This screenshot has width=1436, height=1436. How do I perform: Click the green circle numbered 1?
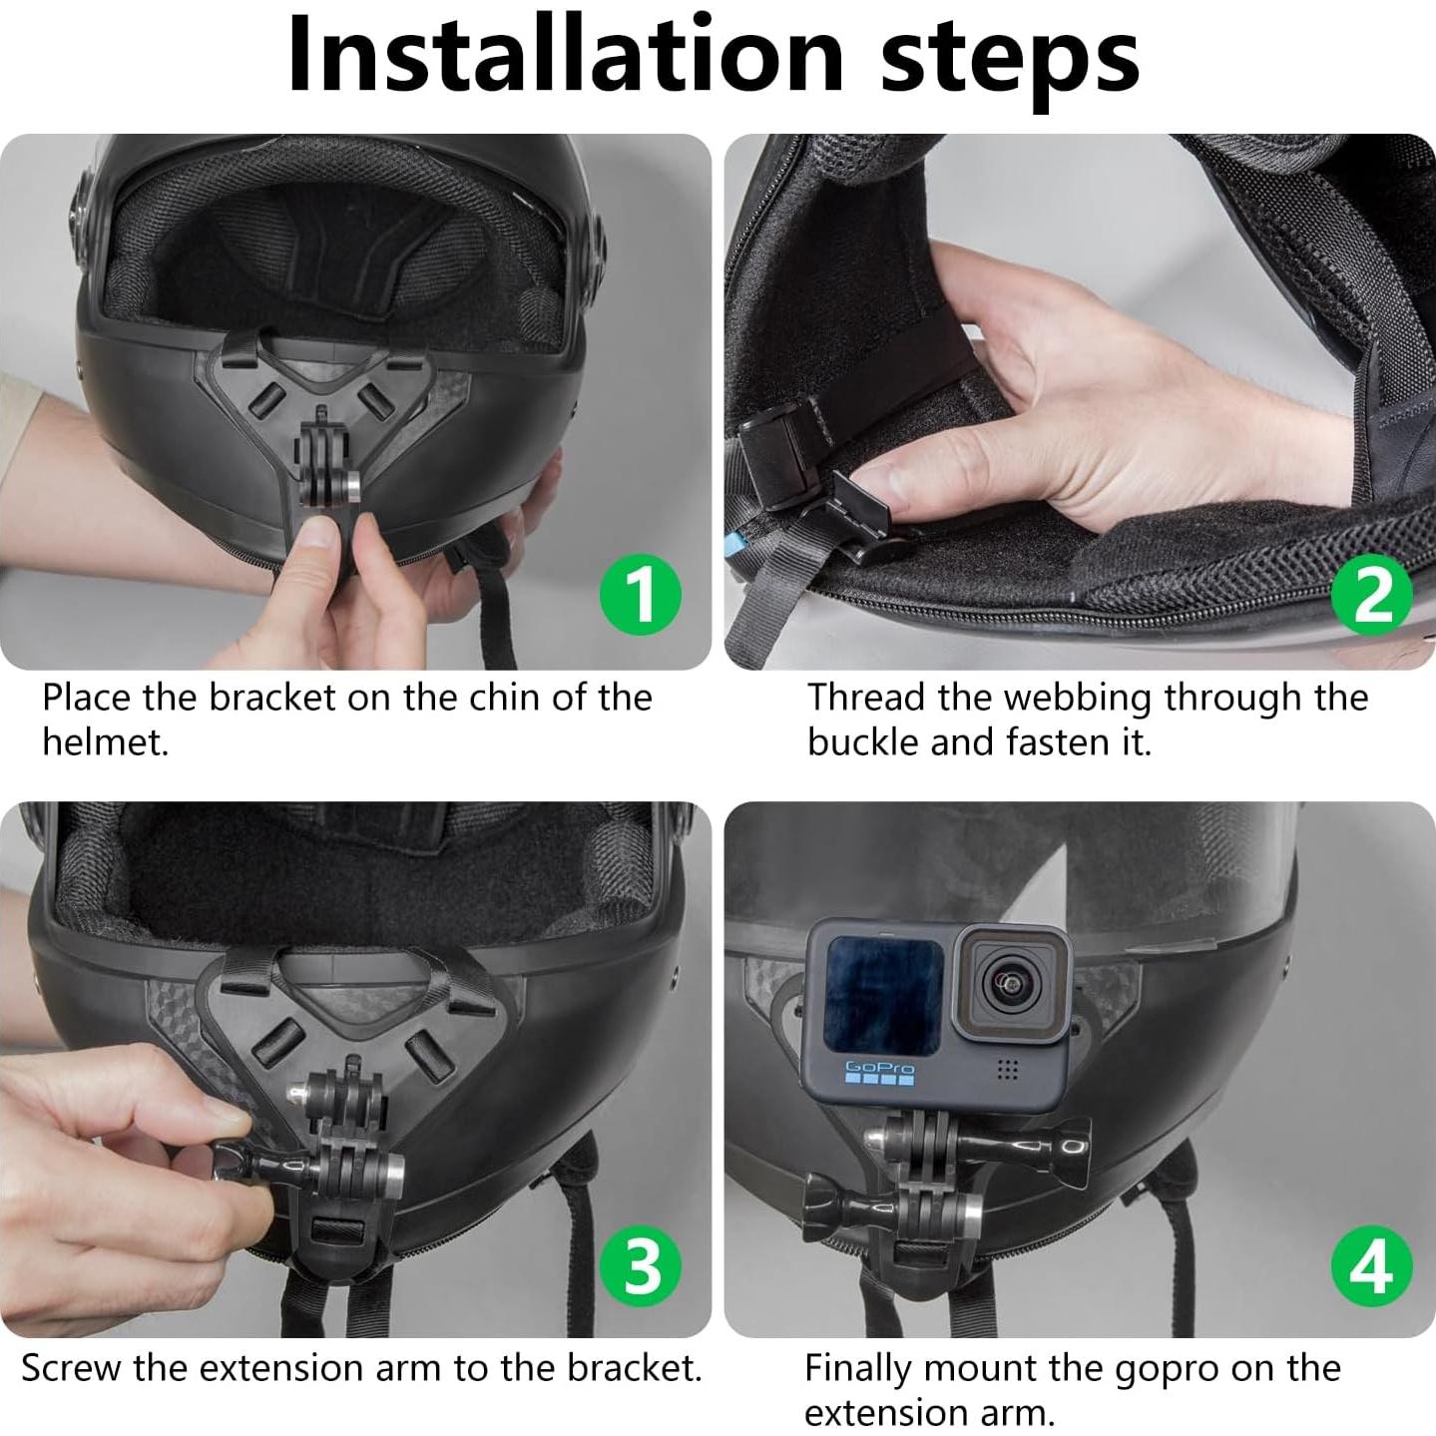(x=641, y=594)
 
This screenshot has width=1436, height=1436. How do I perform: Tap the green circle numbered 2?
(x=1372, y=594)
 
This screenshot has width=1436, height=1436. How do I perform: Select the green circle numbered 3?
(x=641, y=1266)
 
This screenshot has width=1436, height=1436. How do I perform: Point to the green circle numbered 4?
(x=1372, y=1266)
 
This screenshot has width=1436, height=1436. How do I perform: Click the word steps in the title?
(x=1010, y=61)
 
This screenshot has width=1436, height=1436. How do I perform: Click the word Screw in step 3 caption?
(x=71, y=1368)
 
